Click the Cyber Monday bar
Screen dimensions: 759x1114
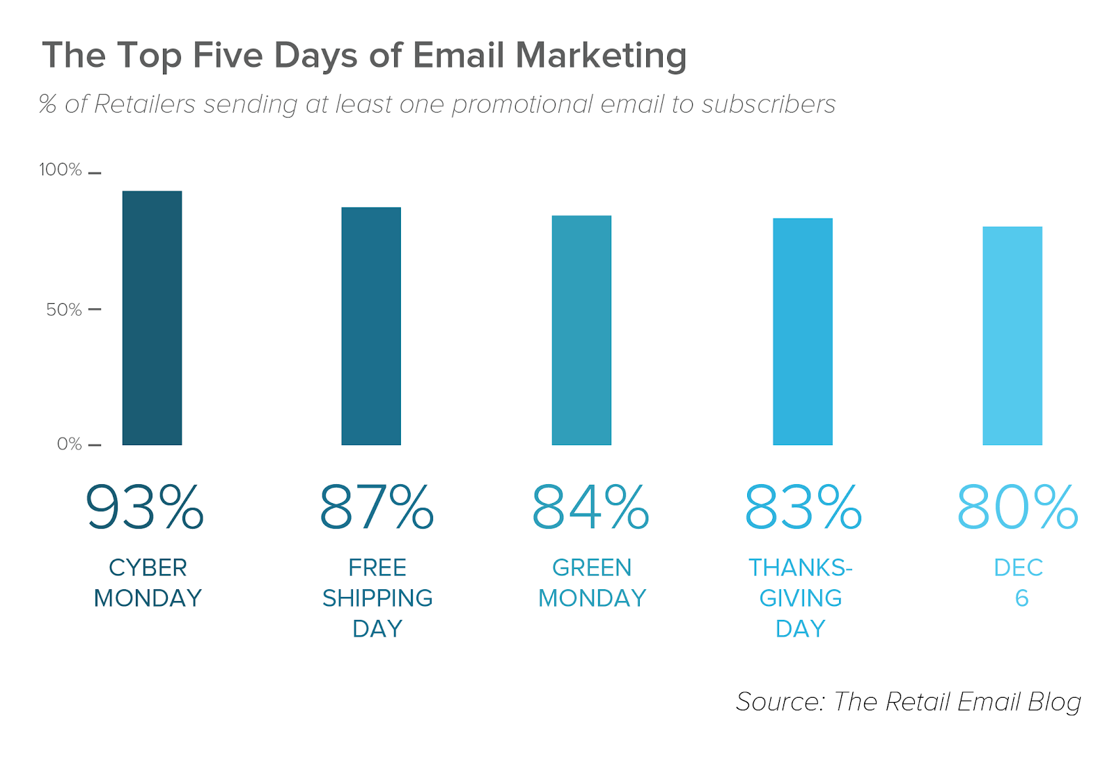pyautogui.click(x=152, y=318)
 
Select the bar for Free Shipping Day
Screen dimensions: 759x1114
pyautogui.click(x=371, y=326)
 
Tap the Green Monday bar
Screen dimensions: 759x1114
pyautogui.click(x=581, y=330)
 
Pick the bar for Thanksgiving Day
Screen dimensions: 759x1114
pyautogui.click(x=802, y=331)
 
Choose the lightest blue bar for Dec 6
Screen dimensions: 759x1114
pyautogui.click(x=1012, y=335)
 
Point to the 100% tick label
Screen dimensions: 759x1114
pyautogui.click(x=61, y=170)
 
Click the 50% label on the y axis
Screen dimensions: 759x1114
pyautogui.click(x=64, y=310)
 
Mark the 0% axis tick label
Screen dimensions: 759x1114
pyautogui.click(x=70, y=444)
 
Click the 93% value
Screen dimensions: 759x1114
pyautogui.click(x=145, y=507)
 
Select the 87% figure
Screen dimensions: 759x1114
pyautogui.click(x=377, y=507)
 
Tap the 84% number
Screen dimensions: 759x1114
pyautogui.click(x=590, y=507)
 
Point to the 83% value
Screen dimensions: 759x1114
pyautogui.click(x=803, y=507)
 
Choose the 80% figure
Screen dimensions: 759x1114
pyautogui.click(x=1017, y=507)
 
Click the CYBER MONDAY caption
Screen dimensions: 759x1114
pyautogui.click(x=148, y=583)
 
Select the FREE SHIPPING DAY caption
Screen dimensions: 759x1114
pyautogui.click(x=377, y=598)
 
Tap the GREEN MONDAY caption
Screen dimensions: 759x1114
pyautogui.click(x=592, y=583)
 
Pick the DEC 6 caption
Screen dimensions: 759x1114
pyautogui.click(x=1019, y=583)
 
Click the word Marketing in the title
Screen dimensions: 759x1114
pyautogui.click(x=601, y=56)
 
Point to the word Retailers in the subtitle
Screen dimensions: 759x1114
pyautogui.click(x=145, y=104)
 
